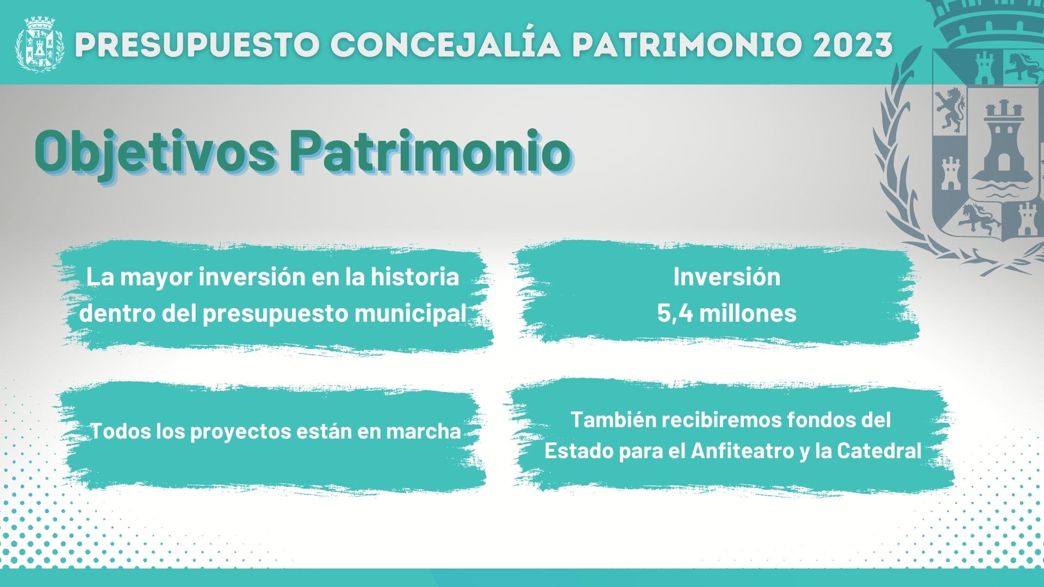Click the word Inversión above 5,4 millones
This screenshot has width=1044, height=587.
[x=727, y=277]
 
